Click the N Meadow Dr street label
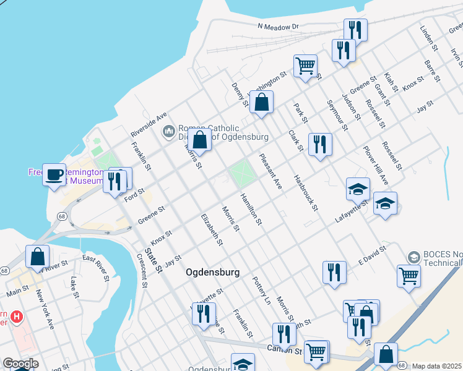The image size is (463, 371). pos(278,27)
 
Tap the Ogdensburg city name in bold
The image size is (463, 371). pos(212,272)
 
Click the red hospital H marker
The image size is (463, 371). pos(17,317)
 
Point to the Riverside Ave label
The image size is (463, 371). pos(149,125)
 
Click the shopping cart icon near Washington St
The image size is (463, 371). pos(306,65)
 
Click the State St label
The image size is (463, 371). pos(153,260)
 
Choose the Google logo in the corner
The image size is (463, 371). pos(20,364)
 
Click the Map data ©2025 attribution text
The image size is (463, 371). pos(437,366)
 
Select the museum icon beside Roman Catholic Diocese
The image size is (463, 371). pos(168,132)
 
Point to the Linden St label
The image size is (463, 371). pos(428,38)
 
